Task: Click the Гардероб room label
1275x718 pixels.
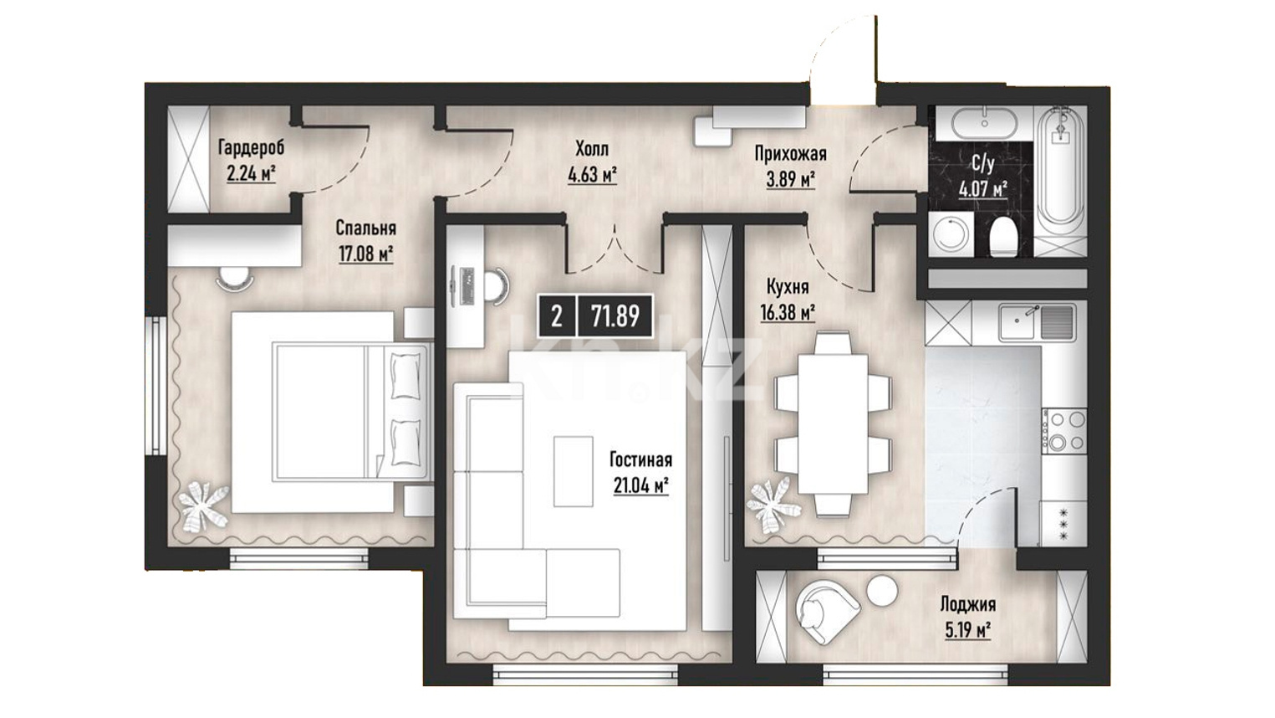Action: tap(251, 147)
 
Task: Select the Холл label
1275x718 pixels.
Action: tap(592, 149)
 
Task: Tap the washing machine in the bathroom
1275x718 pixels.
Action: tap(951, 234)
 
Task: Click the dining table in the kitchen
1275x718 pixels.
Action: tap(834, 424)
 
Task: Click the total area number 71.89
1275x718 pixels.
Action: tap(615, 315)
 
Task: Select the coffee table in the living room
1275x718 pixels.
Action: tap(574, 470)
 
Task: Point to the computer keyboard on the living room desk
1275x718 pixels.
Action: tap(468, 285)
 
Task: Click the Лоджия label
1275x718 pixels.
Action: tap(967, 603)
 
